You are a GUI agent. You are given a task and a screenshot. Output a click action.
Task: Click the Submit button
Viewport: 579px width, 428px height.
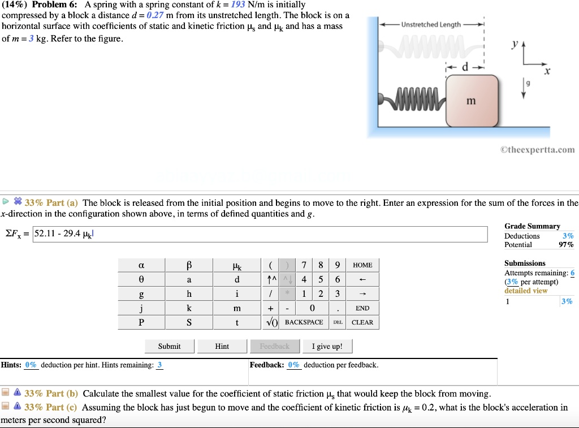coord(169,346)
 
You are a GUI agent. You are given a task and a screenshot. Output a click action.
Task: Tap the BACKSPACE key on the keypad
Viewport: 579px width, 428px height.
coord(304,322)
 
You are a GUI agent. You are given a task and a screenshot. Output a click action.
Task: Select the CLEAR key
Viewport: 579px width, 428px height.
coord(362,322)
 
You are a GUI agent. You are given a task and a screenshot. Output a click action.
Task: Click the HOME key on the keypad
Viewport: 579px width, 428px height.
coord(362,265)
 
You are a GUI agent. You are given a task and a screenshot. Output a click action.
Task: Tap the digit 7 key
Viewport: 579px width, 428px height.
coord(304,265)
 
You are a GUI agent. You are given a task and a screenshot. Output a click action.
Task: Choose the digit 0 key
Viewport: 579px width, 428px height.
coord(312,308)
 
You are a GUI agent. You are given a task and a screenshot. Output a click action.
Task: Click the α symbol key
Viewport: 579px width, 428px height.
coord(141,265)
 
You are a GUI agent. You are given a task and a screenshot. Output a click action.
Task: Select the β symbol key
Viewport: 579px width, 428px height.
coord(189,265)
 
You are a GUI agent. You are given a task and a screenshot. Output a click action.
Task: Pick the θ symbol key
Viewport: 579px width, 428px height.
coord(141,280)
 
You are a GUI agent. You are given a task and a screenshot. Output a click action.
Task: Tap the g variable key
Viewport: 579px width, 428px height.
coord(141,294)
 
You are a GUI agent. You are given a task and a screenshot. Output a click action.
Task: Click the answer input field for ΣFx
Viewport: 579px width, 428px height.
coord(260,234)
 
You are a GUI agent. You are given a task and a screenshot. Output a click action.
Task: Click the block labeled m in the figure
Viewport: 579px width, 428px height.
coord(472,101)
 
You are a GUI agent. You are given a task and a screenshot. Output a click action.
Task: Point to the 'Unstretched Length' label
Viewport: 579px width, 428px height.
coord(431,25)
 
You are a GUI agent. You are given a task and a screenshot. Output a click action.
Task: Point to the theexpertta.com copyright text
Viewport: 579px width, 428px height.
coord(537,150)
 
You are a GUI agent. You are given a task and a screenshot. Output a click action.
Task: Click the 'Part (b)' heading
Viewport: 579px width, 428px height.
coord(51,394)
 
